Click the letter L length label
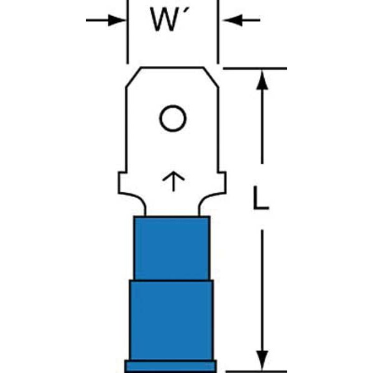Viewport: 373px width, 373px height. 260,198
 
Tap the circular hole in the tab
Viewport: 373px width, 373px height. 173,118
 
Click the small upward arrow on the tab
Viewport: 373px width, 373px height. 173,181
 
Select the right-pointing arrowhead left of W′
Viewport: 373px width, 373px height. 117,21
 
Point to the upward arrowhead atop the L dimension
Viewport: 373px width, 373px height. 262,80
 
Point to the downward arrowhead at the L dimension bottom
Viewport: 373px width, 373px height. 262,360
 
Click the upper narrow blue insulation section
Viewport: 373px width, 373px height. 172,248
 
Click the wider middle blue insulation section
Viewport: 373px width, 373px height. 172,320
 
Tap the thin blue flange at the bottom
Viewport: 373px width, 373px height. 170,366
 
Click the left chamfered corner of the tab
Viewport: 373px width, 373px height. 133,78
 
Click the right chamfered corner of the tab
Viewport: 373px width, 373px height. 211,78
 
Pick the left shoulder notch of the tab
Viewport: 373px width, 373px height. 122,182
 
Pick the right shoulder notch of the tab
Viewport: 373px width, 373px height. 222,182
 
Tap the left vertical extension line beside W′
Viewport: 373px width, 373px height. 127,32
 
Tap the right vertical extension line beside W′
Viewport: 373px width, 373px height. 218,32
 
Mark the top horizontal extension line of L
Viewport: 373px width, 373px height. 255,68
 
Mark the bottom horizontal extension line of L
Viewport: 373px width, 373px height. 256,371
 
